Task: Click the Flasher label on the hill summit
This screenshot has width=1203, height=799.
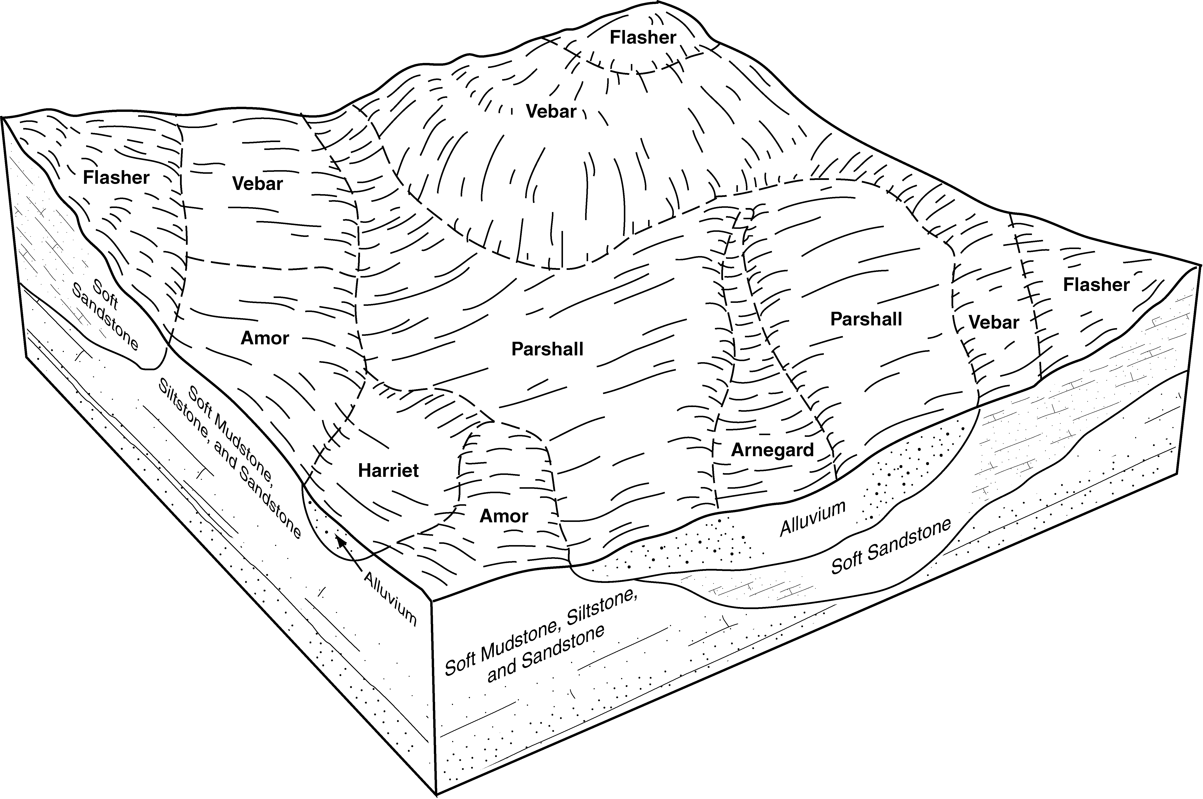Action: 643,37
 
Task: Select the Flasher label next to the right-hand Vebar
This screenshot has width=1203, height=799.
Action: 1096,284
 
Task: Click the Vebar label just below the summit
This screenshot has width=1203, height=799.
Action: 551,111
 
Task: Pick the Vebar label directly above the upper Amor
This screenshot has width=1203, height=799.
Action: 257,184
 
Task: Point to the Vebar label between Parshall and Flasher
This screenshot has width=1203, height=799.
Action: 993,322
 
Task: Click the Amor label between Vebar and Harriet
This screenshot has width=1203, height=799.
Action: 264,338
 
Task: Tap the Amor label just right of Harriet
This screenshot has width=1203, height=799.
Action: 504,516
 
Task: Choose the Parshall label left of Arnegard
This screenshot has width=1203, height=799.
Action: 547,349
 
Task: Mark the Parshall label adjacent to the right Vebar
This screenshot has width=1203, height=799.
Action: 866,319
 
